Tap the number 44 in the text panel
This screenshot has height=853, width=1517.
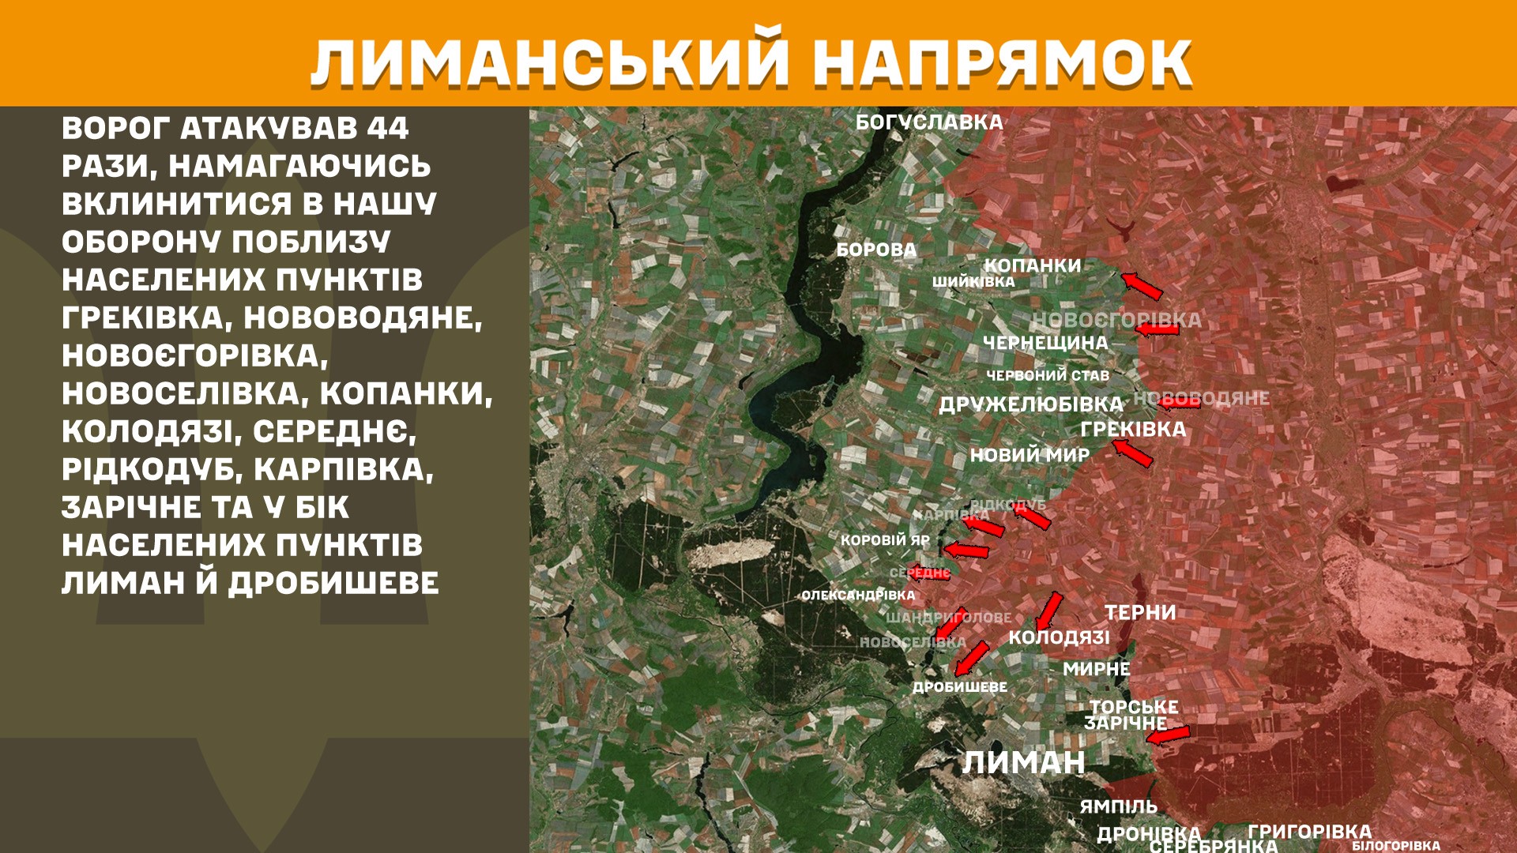click(387, 128)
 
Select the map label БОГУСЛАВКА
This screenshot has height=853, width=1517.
click(929, 122)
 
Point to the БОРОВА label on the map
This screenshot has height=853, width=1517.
click(876, 250)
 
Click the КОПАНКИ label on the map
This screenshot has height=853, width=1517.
click(1032, 265)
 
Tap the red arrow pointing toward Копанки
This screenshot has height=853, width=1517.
click(1142, 285)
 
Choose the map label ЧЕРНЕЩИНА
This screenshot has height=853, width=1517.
click(1045, 343)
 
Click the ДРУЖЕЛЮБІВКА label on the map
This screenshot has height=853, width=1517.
click(1031, 404)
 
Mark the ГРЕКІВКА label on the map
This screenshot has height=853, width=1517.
click(1133, 430)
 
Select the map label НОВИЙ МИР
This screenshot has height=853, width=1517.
click(1030, 455)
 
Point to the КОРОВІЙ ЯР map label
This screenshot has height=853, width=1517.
click(885, 540)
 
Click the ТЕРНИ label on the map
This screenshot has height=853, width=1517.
click(1140, 613)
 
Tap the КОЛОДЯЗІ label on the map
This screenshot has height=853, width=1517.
click(1059, 637)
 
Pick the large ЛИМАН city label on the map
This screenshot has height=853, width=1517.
click(1023, 763)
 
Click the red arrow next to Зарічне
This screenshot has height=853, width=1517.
click(1168, 736)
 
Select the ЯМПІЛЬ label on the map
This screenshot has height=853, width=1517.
click(1118, 806)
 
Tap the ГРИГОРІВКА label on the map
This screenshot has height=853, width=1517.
click(1309, 831)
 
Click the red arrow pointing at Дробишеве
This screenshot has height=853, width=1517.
click(972, 659)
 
